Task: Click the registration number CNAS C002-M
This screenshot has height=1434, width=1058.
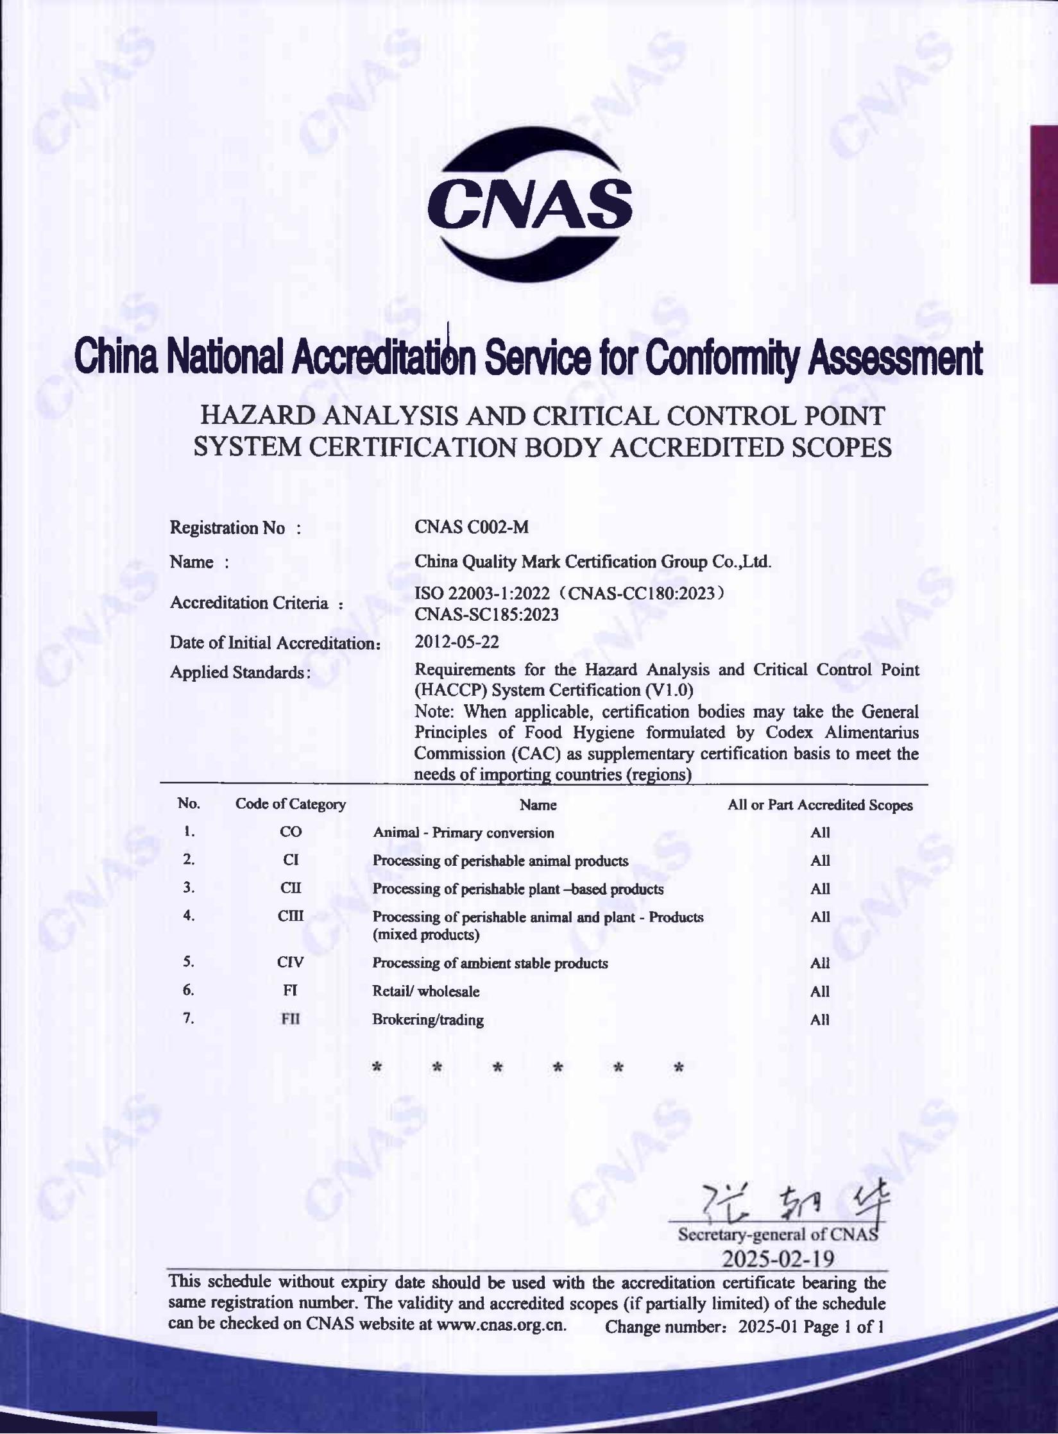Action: pyautogui.click(x=472, y=527)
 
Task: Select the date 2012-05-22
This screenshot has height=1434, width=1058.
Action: pyautogui.click(x=456, y=641)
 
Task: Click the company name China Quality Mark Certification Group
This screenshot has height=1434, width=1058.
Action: pyautogui.click(x=592, y=562)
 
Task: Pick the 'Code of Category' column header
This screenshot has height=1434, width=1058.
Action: pyautogui.click(x=291, y=804)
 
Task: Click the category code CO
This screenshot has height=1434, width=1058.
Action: pyautogui.click(x=291, y=832)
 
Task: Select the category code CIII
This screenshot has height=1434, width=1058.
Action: pyautogui.click(x=291, y=916)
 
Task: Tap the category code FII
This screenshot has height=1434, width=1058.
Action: pyautogui.click(x=291, y=1019)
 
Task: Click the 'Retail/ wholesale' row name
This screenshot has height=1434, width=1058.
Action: pyautogui.click(x=426, y=991)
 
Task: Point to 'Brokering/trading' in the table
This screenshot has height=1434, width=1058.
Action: pyautogui.click(x=428, y=1020)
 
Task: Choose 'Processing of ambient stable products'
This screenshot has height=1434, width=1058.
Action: pyautogui.click(x=490, y=963)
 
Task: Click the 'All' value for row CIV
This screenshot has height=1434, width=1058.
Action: pyautogui.click(x=820, y=963)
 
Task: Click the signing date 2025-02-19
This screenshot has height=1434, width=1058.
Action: pyautogui.click(x=778, y=1260)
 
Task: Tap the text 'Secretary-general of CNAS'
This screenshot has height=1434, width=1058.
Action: pyautogui.click(x=778, y=1235)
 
